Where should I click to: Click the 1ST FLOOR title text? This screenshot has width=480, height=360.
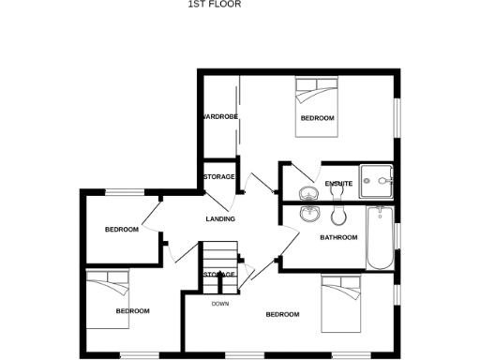click(x=216, y=4)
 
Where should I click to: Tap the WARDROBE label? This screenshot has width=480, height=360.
click(x=219, y=116)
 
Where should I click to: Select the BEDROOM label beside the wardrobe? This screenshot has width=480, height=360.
click(x=317, y=118)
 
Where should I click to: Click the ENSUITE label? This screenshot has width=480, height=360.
click(x=338, y=182)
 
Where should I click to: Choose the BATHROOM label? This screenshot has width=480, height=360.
click(x=338, y=237)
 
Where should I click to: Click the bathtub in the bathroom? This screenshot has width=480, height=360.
click(x=379, y=236)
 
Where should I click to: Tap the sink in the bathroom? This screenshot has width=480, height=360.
click(x=307, y=213)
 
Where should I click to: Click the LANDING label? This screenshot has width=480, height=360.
click(x=220, y=218)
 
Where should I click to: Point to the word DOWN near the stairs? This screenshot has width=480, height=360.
click(x=219, y=304)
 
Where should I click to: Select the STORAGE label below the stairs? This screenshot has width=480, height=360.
click(x=219, y=274)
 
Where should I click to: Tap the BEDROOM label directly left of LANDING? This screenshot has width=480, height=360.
click(x=121, y=230)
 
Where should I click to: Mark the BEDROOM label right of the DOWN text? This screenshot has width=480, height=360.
click(x=282, y=314)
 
